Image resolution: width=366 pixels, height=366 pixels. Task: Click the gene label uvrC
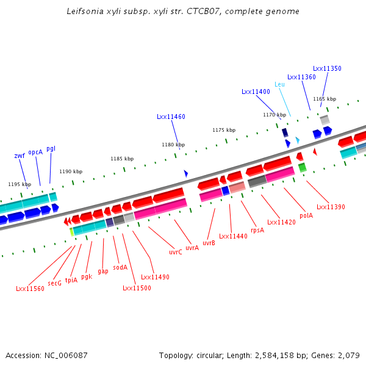pos(175,252)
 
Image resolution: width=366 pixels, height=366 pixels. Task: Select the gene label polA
pos(306,215)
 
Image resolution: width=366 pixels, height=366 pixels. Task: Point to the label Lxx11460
pos(171,117)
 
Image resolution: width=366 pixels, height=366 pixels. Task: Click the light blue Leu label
pos(279,84)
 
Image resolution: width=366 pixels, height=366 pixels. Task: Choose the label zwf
pos(20,156)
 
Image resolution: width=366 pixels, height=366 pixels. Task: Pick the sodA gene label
pos(120,267)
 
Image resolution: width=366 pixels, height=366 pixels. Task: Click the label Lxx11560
pos(30,289)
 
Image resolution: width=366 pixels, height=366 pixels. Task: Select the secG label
pos(55,283)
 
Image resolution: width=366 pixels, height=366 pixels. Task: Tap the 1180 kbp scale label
pos(173,145)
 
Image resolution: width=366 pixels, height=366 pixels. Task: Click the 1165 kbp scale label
pos(325,99)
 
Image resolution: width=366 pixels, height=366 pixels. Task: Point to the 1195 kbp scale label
pos(20,184)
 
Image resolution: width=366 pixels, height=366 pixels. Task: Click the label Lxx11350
pos(327,69)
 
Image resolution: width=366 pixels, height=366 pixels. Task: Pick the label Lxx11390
pos(331,207)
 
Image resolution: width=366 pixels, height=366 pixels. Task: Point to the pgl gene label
pos(51,148)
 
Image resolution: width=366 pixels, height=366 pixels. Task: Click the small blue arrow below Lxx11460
pos(186,174)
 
